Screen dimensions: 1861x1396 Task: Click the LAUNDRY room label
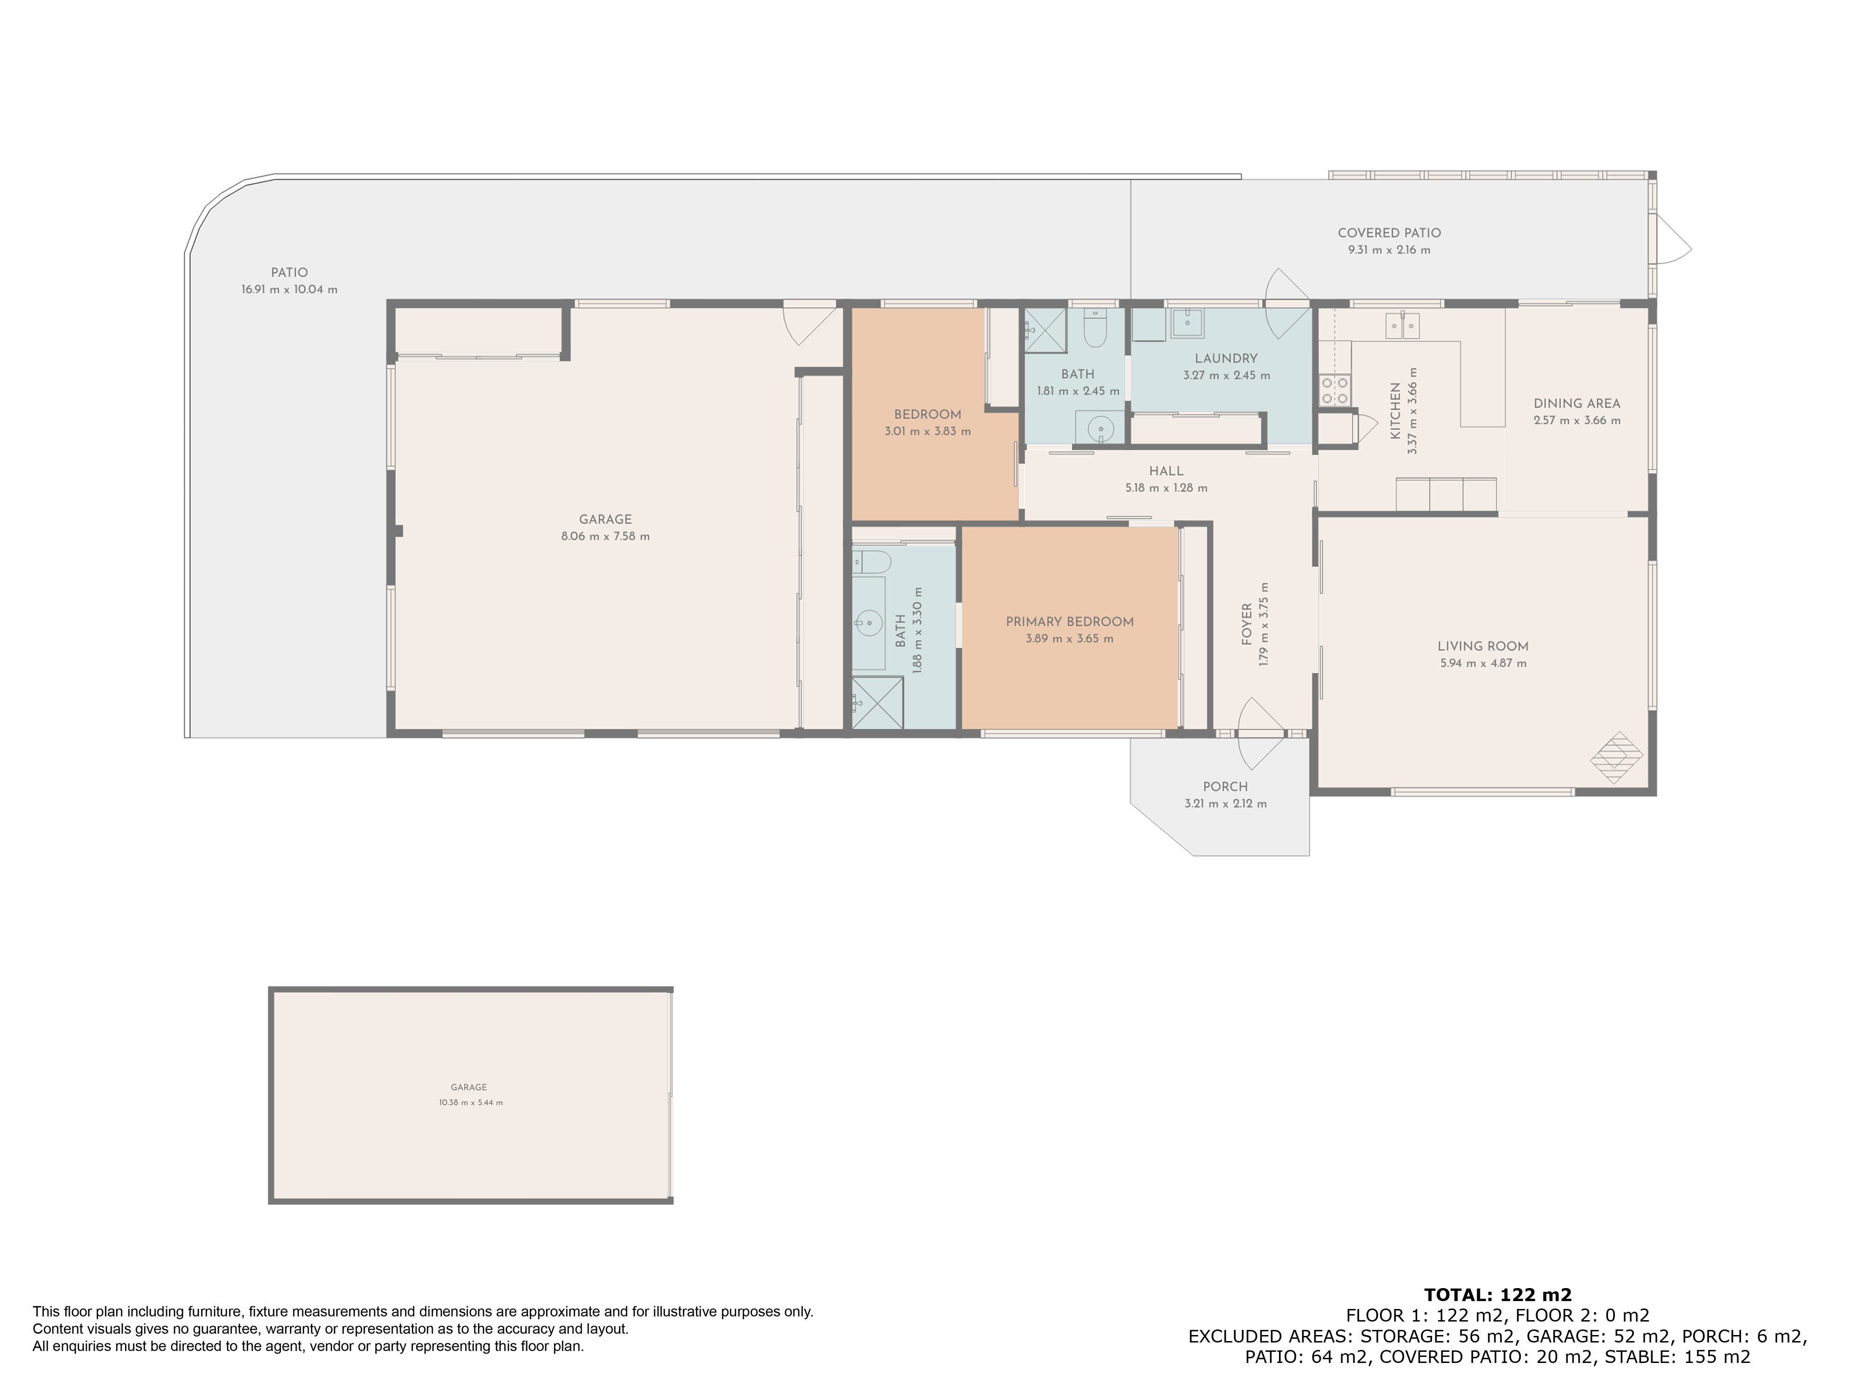pos(1226,358)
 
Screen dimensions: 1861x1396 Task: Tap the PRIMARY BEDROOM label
pos(1069,622)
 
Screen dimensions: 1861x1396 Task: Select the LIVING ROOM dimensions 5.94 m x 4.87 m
pos(1482,663)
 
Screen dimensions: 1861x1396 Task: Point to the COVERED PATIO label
pos(1389,233)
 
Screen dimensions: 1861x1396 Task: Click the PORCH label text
pos(1225,787)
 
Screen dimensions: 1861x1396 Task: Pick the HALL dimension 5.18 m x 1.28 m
pos(1166,488)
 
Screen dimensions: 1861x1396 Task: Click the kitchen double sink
pos(1402,325)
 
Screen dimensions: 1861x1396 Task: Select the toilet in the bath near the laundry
pos(1095,328)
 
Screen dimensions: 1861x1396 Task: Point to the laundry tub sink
pos(1187,323)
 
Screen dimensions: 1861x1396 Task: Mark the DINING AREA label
pos(1577,404)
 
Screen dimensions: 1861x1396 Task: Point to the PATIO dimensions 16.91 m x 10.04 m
pos(289,289)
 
